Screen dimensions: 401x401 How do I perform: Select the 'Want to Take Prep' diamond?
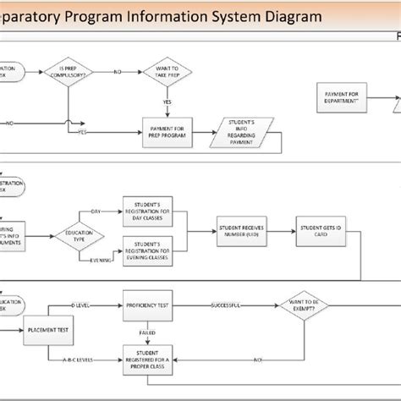166,72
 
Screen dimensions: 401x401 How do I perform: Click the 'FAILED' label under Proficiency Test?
147,332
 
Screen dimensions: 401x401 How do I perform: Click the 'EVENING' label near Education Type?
100,261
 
